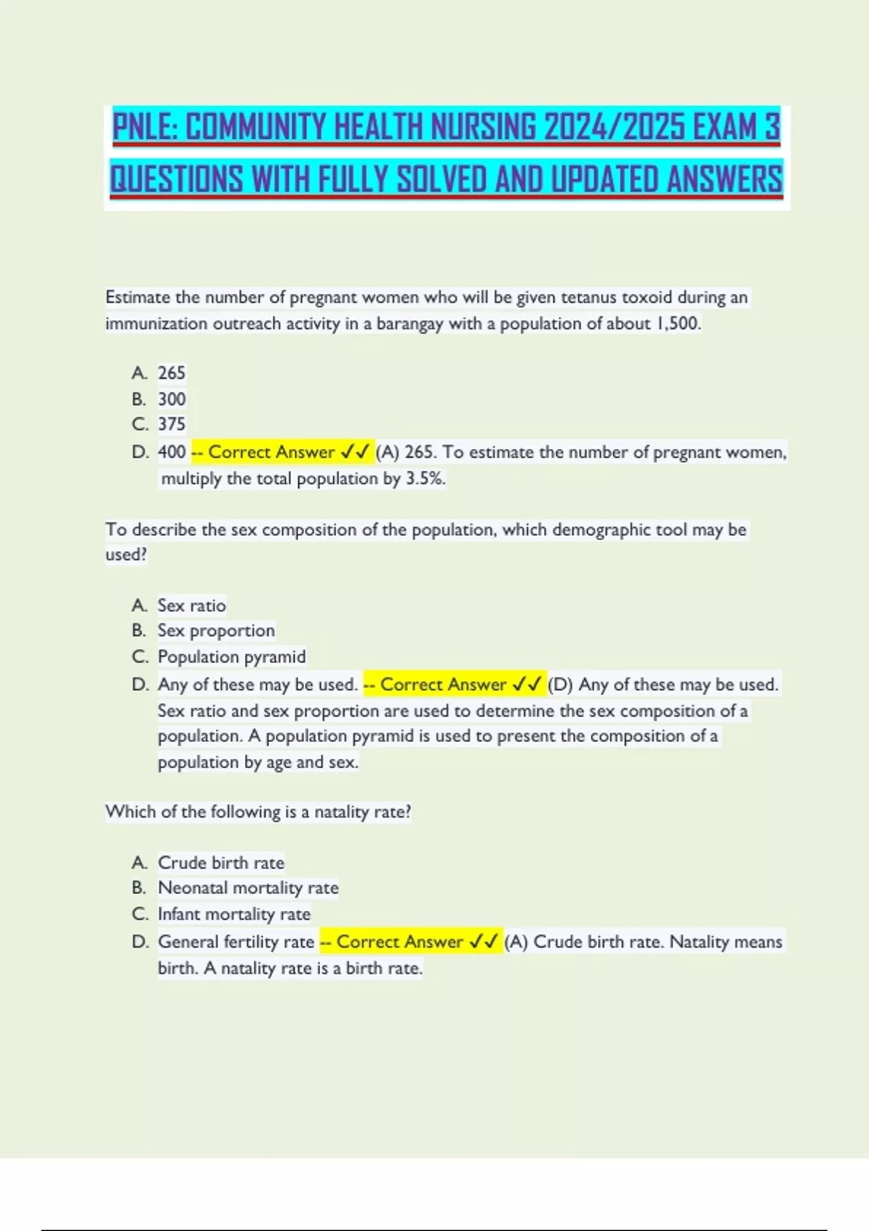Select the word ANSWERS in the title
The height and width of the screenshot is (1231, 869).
(724, 180)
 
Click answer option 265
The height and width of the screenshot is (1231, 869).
(172, 373)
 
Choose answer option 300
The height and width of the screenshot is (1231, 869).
(172, 399)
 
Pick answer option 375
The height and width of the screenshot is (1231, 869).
(172, 424)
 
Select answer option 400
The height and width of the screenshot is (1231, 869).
(172, 452)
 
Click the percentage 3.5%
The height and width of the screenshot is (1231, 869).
(425, 479)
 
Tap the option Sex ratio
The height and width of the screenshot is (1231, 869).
(192, 605)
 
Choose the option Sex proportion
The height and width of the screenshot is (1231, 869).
(216, 631)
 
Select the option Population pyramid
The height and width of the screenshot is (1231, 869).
(232, 657)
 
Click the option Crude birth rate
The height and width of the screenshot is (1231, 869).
(221, 862)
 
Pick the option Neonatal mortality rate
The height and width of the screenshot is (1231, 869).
(248, 888)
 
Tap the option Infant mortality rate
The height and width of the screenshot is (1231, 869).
(234, 914)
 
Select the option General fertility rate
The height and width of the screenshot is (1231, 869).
(236, 941)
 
